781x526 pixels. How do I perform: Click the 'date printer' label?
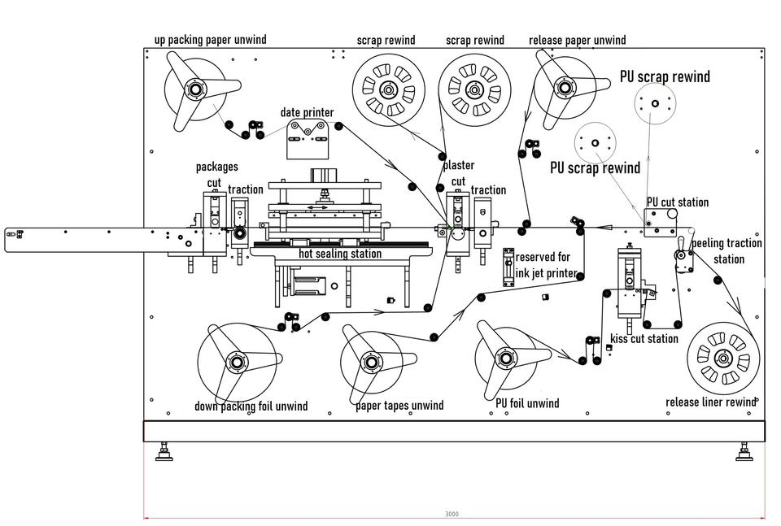[x=307, y=112]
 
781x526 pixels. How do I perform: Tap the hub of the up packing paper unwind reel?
[x=194, y=89]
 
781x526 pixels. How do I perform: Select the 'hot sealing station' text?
[x=340, y=254]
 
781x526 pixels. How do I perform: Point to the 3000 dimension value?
[x=452, y=514]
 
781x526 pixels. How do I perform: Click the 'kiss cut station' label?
[x=644, y=339]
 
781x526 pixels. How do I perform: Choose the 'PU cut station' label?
[x=678, y=202]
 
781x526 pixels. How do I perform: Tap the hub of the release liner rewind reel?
[x=722, y=358]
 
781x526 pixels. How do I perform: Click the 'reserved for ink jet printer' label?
[x=546, y=265]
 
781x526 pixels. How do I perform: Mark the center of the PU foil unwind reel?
[x=505, y=359]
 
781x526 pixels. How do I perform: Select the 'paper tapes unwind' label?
[x=399, y=406]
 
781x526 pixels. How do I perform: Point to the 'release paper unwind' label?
[x=578, y=40]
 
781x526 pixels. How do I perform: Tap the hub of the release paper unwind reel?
[x=565, y=88]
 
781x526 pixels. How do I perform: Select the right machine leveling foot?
[x=744, y=451]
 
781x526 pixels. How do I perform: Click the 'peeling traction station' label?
[x=727, y=251]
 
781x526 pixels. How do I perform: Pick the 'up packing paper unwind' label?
[x=210, y=40]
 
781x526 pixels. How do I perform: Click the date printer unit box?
[x=308, y=141]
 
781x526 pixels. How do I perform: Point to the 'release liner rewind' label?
[x=711, y=402]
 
